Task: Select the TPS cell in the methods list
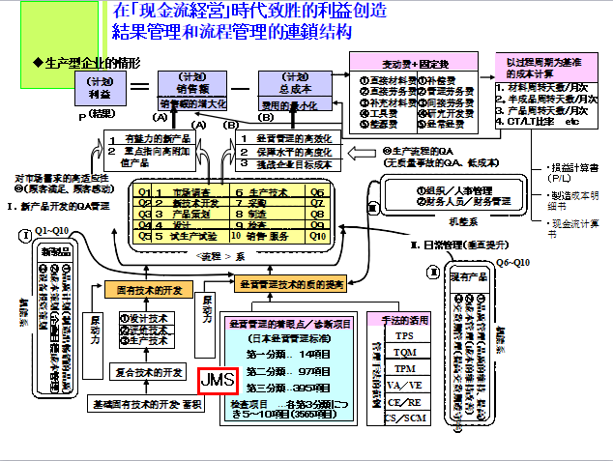tap(404, 336)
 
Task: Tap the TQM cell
tap(404, 353)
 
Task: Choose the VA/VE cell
tap(404, 386)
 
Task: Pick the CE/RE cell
tap(404, 402)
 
